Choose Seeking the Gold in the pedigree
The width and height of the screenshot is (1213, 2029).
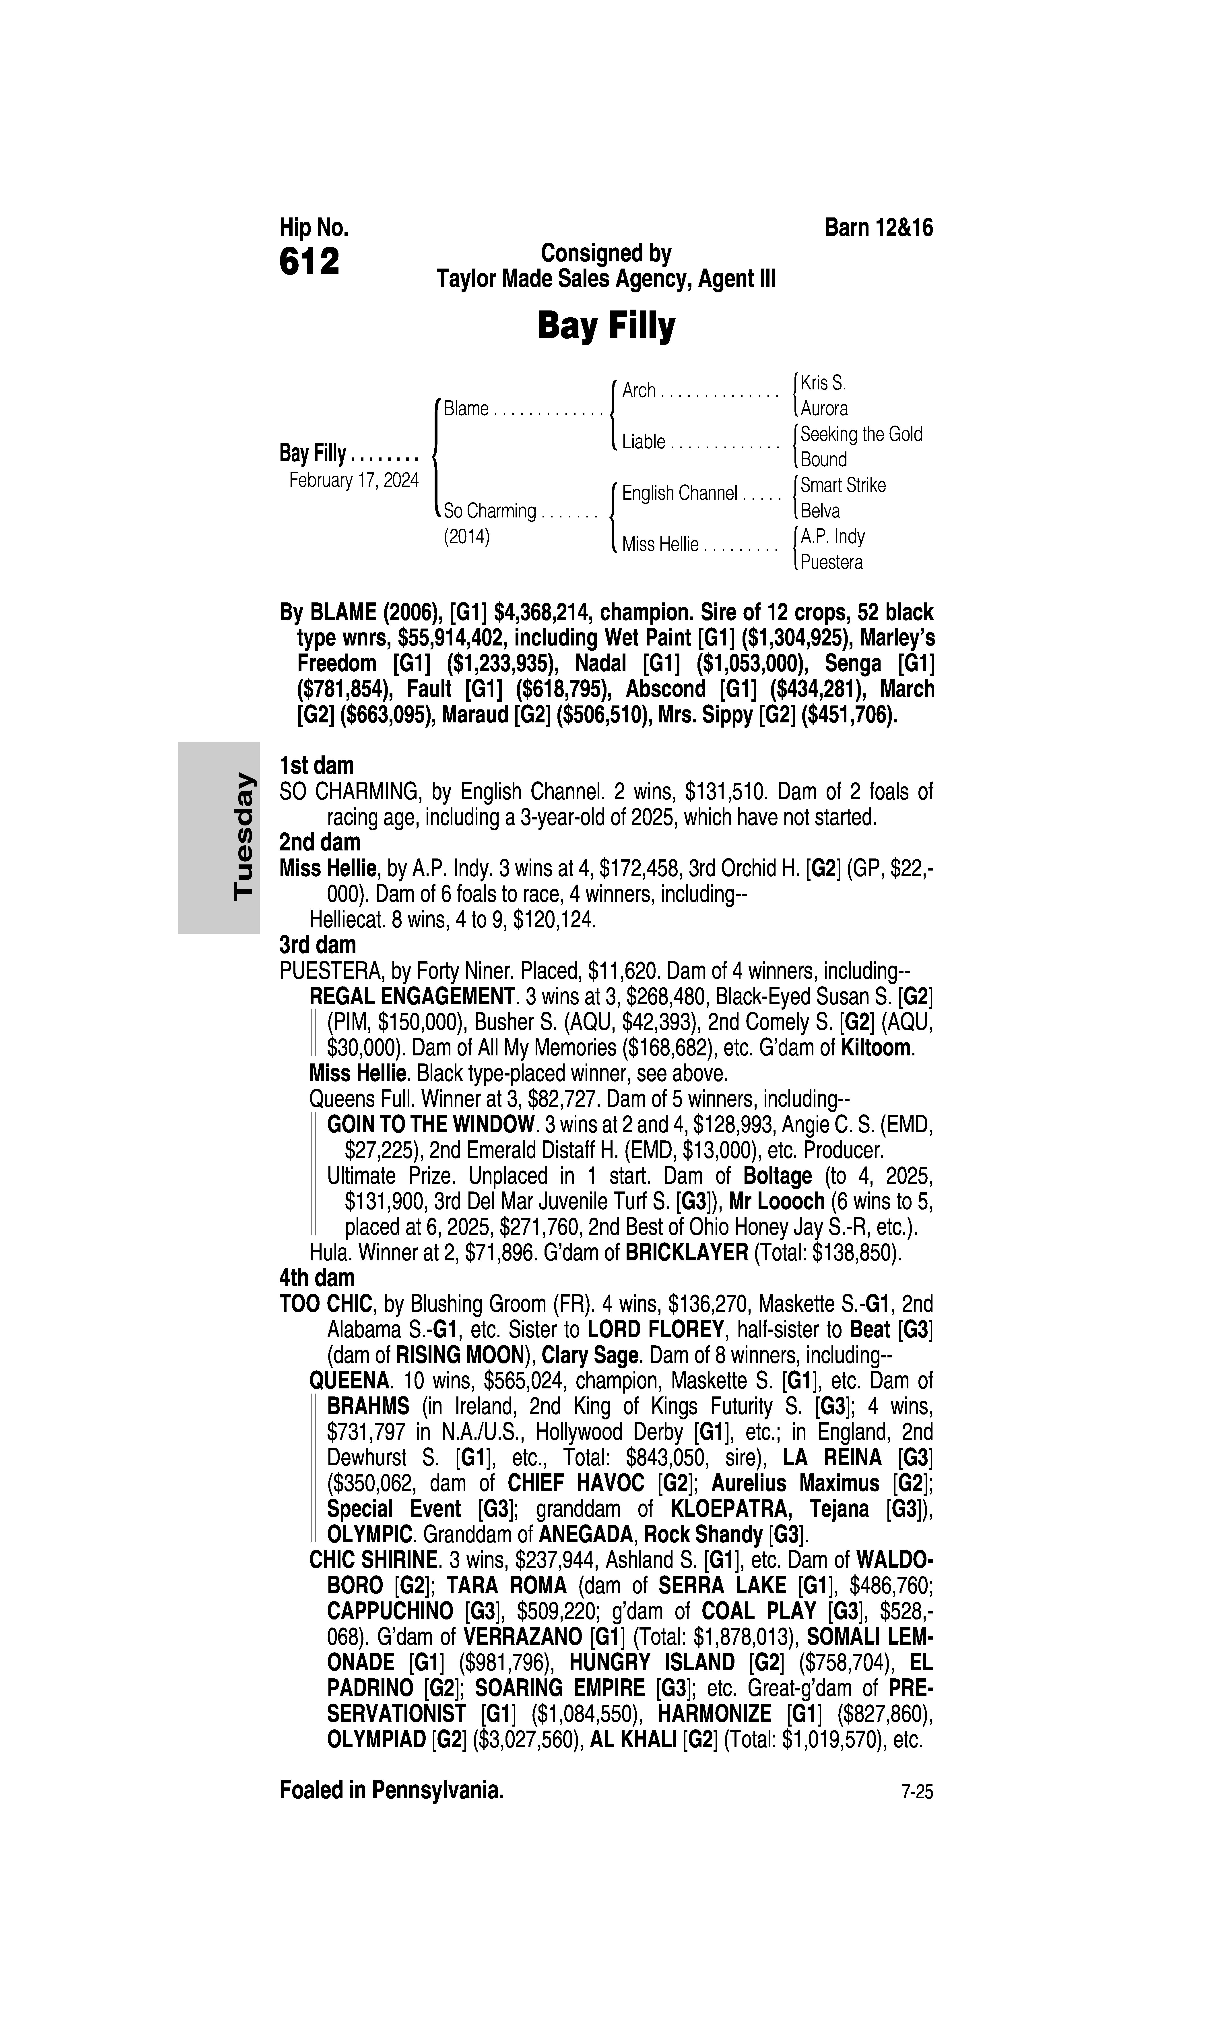861,434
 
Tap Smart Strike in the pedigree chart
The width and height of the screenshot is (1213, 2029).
843,486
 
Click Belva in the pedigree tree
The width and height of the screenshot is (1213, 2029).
820,511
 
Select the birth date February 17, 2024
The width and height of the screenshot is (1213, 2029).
353,480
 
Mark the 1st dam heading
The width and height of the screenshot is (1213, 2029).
316,766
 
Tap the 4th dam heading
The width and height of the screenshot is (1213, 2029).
317,1278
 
